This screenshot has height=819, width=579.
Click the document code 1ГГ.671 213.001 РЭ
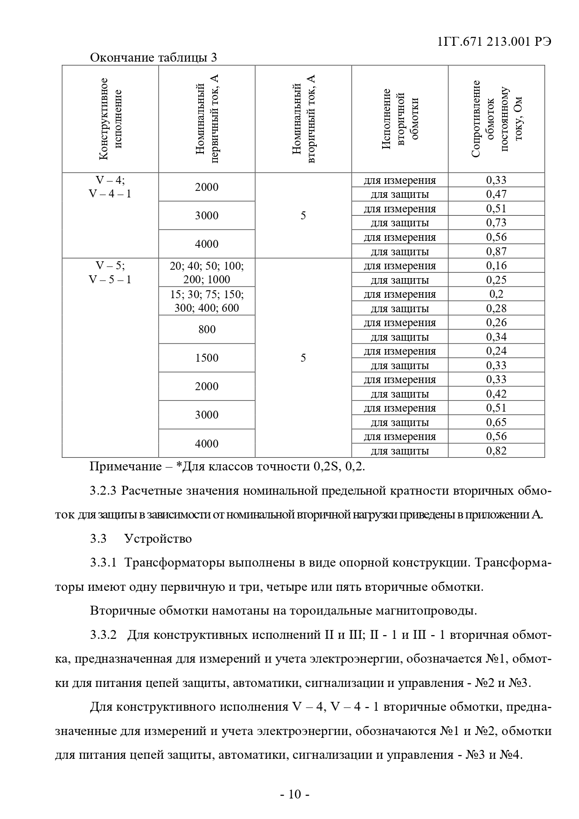tap(494, 42)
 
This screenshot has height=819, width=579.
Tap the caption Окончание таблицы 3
tap(153, 57)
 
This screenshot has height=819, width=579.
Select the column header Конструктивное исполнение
tap(111, 119)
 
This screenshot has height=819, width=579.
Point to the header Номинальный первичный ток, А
tap(207, 119)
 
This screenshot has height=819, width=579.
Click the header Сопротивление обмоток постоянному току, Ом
tap(496, 119)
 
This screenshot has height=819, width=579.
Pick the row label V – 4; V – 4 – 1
tap(111, 187)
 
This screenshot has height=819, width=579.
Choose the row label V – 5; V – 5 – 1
tap(111, 273)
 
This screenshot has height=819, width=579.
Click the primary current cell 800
tap(207, 329)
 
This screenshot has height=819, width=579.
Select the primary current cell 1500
tap(207, 358)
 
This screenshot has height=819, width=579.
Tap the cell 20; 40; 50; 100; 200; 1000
tap(207, 273)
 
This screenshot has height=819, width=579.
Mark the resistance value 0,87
tap(496, 252)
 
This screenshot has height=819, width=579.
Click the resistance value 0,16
tap(496, 266)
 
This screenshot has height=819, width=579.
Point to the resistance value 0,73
tap(496, 223)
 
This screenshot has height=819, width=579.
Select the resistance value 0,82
tap(496, 451)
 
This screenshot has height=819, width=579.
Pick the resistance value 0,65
tap(496, 422)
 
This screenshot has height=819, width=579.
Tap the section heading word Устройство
tap(158, 539)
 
